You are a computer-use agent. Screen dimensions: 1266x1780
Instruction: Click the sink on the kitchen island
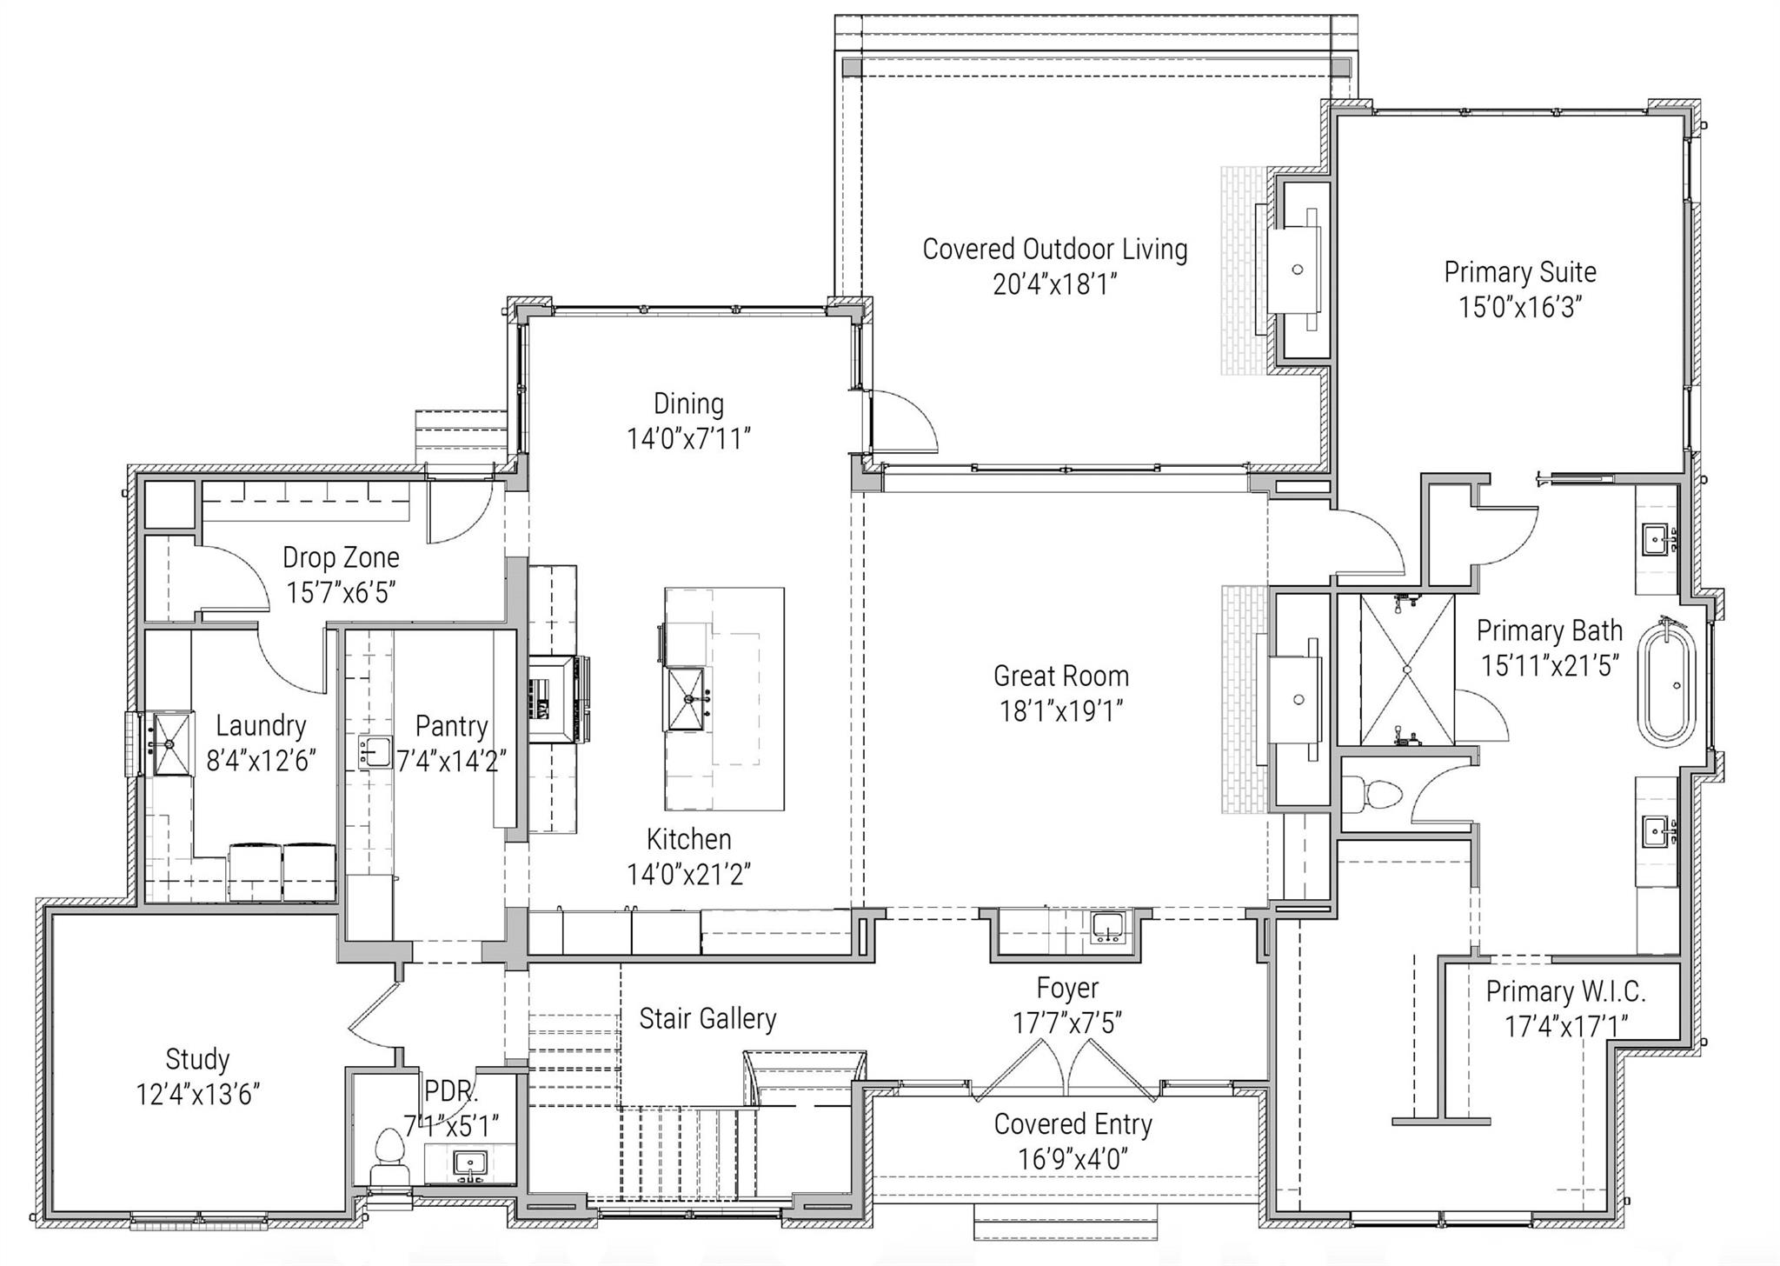pos(687,698)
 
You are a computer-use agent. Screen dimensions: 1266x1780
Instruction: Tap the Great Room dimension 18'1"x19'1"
pos(1060,711)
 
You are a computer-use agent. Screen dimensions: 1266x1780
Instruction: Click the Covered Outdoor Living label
pos(1054,250)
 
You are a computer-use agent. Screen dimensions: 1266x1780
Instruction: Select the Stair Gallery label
pos(707,1018)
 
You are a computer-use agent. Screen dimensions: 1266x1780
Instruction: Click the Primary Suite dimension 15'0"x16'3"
pos(1519,307)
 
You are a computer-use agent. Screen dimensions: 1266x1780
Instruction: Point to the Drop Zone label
pos(341,557)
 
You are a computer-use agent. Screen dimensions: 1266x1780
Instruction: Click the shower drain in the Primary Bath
pos(1406,669)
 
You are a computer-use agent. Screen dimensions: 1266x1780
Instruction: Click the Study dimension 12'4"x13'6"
pos(197,1094)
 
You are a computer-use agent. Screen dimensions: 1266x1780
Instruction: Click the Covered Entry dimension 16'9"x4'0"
pos(1073,1159)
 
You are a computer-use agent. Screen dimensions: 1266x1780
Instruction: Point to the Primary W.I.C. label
pos(1564,991)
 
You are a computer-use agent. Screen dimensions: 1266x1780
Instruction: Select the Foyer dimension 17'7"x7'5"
pos(1066,1023)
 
